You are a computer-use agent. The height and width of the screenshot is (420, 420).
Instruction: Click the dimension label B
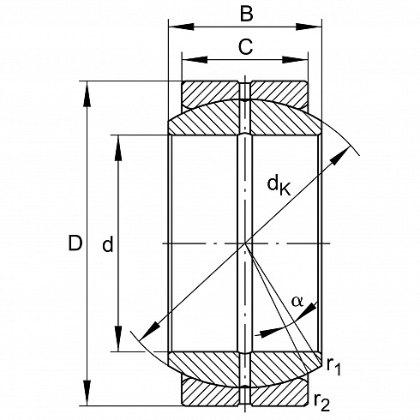[247, 13]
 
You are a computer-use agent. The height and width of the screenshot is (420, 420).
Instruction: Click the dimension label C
[245, 46]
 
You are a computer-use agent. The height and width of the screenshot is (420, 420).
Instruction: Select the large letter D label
[75, 243]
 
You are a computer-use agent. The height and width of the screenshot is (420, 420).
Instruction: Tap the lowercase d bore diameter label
[108, 244]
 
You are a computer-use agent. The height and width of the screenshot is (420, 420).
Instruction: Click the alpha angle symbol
[297, 301]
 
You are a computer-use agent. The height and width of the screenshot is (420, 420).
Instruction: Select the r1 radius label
[334, 366]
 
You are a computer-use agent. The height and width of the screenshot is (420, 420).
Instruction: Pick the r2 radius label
[322, 402]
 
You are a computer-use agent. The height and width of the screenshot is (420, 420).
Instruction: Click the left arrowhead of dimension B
[182, 27]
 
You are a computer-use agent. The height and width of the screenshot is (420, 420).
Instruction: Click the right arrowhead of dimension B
[309, 27]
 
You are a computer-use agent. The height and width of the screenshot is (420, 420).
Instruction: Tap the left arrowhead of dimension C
[195, 60]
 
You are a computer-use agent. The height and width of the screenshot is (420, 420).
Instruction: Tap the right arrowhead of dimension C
[295, 60]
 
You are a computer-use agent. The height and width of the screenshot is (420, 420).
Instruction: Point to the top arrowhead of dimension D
[87, 94]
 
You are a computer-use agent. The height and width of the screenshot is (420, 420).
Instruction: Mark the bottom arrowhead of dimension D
[87, 393]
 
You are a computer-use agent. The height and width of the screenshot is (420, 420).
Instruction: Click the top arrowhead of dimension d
[118, 147]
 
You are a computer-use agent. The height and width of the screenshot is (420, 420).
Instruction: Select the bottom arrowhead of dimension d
[118, 339]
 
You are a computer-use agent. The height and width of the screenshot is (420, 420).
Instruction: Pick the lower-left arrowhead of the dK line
[149, 331]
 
